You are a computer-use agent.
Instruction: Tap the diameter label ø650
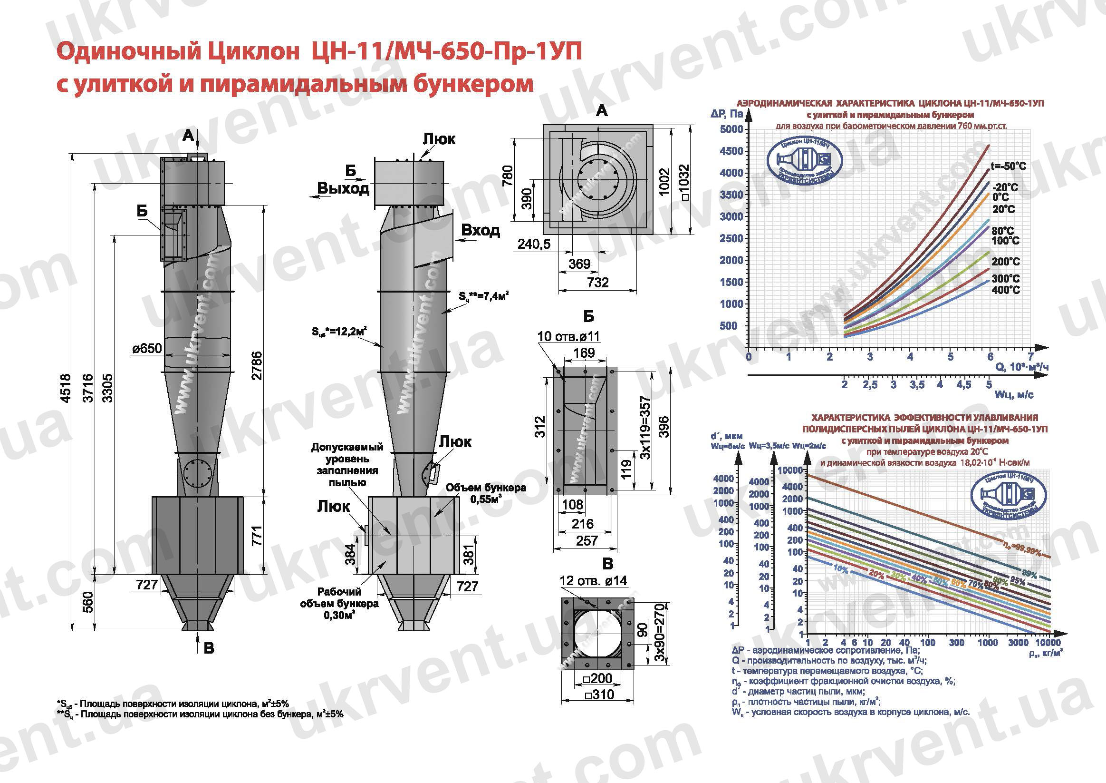tap(147, 348)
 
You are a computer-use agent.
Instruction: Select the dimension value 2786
tap(257, 365)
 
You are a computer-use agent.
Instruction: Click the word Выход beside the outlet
tap(343, 188)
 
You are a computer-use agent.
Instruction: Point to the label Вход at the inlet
tap(480, 230)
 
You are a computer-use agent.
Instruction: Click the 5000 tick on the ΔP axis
tap(731, 129)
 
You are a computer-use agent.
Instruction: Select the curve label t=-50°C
tap(1008, 166)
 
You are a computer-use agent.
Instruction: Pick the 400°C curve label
tap(1006, 290)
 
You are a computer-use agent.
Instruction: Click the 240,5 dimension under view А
tap(534, 244)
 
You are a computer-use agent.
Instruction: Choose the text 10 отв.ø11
tap(568, 336)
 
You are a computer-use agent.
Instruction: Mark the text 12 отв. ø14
tap(593, 580)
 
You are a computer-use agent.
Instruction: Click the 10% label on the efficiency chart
tap(840, 569)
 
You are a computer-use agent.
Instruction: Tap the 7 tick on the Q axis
tap(1030, 357)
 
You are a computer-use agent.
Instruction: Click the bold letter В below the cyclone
tap(209, 648)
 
